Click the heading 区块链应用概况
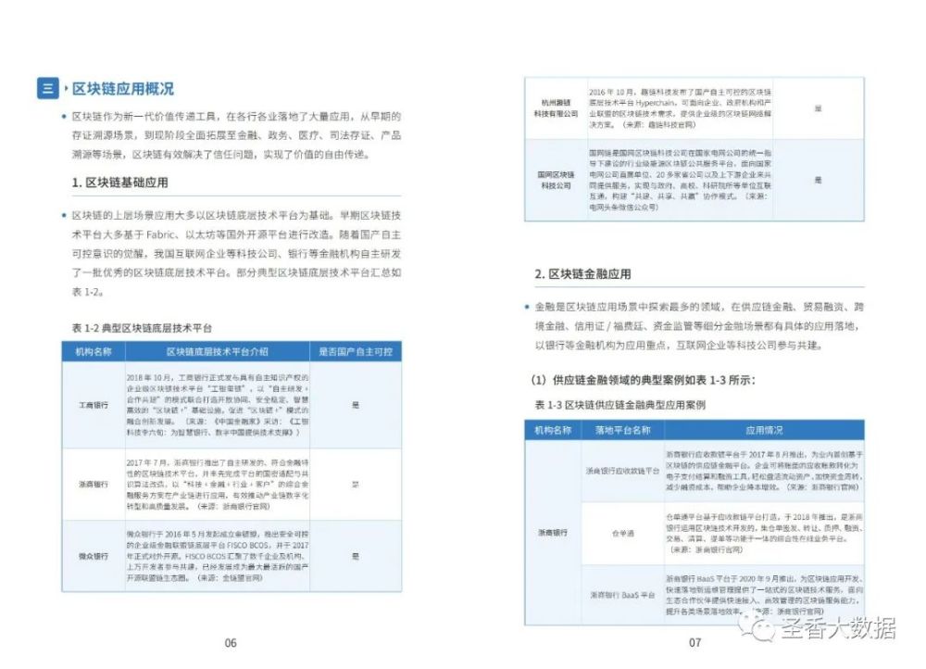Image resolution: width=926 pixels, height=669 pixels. click(123, 89)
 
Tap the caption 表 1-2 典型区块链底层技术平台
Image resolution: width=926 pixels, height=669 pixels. click(142, 328)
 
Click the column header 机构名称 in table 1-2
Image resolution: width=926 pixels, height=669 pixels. click(94, 352)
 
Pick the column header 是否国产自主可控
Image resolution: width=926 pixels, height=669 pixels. click(355, 352)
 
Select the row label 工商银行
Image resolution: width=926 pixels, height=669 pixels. click(94, 405)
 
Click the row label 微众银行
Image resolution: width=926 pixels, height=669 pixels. click(94, 556)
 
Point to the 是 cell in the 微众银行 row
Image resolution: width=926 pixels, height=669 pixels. click(355, 556)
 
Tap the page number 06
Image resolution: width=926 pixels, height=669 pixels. click(231, 642)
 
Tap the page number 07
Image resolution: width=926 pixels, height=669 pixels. click(695, 642)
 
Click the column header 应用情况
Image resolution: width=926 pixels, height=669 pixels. click(765, 430)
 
